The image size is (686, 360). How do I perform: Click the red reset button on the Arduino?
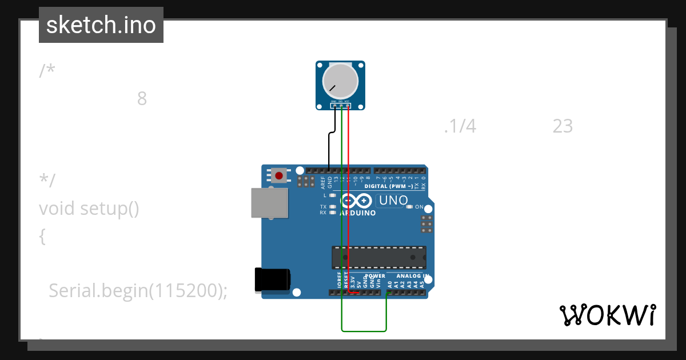click(x=279, y=175)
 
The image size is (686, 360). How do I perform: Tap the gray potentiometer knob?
click(x=341, y=81)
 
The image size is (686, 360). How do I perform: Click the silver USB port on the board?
click(x=269, y=203)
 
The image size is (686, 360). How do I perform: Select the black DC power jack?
click(x=272, y=280)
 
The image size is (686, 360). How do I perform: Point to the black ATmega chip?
click(x=378, y=257)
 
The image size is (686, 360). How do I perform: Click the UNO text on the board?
click(x=393, y=201)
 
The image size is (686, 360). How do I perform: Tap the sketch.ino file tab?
click(x=101, y=25)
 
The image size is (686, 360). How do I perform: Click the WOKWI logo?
click(x=607, y=315)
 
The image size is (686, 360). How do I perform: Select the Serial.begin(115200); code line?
click(x=138, y=291)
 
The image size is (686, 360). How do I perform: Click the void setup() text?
click(x=89, y=209)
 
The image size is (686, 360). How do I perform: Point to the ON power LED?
click(x=409, y=207)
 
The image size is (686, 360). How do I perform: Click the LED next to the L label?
click(x=332, y=195)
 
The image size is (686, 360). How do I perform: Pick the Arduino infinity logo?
click(x=357, y=201)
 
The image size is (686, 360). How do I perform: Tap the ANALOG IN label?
click(x=408, y=276)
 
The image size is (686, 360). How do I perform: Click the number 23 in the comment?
click(x=563, y=126)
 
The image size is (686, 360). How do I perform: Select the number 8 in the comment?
click(x=142, y=99)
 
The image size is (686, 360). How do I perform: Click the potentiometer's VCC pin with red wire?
click(x=348, y=106)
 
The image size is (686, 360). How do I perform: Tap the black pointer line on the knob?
click(x=332, y=88)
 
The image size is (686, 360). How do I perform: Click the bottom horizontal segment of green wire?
click(x=364, y=330)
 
